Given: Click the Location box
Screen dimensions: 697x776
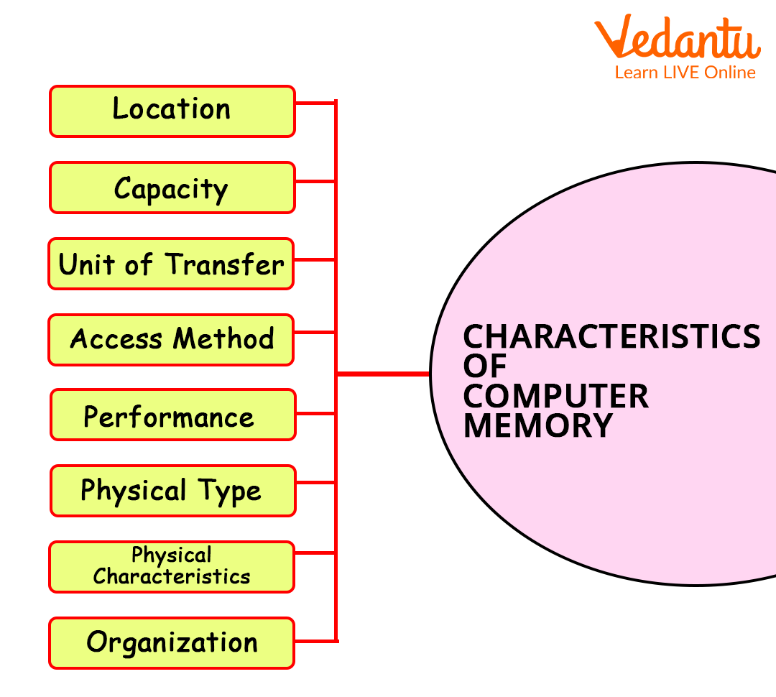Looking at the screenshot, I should point(172,111).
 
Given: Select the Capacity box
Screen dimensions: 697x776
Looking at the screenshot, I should point(172,188).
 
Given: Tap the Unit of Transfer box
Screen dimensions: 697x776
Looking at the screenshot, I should point(171,264).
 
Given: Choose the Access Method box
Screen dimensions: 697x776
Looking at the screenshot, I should point(171,339).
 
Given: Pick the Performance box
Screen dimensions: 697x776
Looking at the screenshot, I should point(172,415).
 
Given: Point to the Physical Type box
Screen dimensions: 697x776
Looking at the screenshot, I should point(172,491).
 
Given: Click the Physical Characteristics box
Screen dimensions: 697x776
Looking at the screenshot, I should point(171,566).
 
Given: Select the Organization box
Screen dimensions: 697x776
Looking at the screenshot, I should point(172,642).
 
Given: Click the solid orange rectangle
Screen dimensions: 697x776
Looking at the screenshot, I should point(677,45).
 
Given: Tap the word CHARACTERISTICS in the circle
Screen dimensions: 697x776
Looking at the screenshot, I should point(611,336).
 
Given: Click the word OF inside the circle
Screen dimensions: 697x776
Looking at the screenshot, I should point(485,366).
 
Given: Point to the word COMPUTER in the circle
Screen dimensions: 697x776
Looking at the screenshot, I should point(555,396).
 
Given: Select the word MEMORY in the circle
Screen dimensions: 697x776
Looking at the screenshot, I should point(537,425).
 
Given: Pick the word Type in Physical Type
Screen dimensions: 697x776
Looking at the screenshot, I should point(230,491).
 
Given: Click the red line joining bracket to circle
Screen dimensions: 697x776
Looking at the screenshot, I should point(383,374).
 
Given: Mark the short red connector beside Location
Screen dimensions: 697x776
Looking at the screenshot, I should point(315,103).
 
